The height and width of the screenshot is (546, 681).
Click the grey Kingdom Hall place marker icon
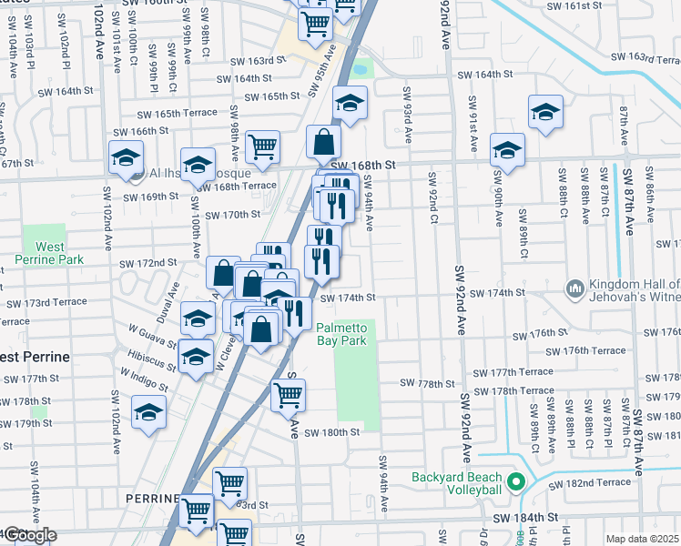click(x=574, y=289)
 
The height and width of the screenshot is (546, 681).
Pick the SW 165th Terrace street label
click(x=178, y=114)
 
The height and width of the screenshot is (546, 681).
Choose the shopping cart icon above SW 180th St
click(x=288, y=394)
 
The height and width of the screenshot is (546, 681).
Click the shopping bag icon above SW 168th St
click(x=323, y=142)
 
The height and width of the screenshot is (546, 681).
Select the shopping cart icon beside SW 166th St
click(x=262, y=147)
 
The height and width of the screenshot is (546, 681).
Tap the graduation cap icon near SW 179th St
click(x=148, y=413)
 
